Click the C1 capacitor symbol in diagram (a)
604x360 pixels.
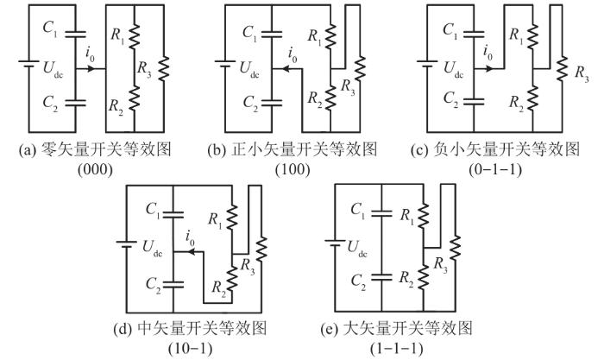(x=76, y=34)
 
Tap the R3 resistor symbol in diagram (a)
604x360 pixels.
(x=163, y=68)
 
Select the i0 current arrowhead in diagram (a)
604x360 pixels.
(x=91, y=69)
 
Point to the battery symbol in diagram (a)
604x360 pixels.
(x=28, y=64)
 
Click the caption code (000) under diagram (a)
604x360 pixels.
(x=95, y=169)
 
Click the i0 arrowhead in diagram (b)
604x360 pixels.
(x=286, y=69)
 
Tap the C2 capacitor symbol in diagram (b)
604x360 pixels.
(x=272, y=103)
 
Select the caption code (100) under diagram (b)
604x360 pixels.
(x=293, y=169)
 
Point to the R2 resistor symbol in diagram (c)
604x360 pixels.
(x=532, y=98)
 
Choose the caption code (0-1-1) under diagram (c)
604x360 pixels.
(x=495, y=169)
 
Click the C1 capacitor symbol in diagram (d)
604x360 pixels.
(x=173, y=214)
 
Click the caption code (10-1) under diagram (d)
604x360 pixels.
(x=191, y=349)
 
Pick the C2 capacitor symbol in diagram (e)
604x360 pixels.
(x=381, y=277)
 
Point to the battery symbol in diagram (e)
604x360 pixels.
(x=335, y=243)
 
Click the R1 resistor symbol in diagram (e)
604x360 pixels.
(x=424, y=216)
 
